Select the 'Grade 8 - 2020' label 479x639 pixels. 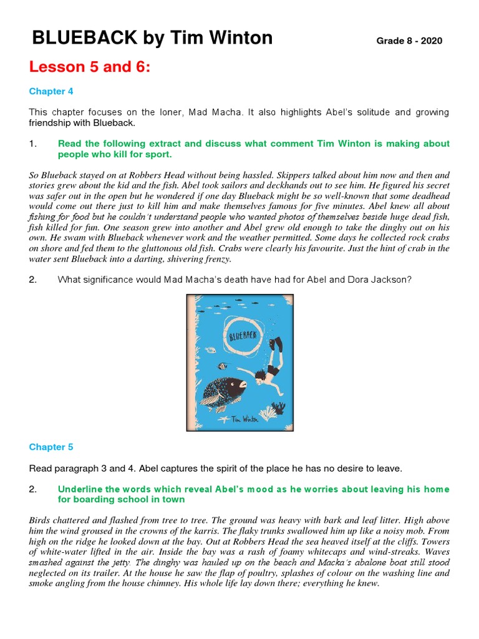(x=409, y=41)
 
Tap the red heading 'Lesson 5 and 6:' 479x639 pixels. (x=90, y=67)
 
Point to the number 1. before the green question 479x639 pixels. (x=33, y=144)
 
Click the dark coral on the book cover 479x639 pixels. (x=279, y=407)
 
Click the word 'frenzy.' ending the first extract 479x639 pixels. (x=216, y=258)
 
